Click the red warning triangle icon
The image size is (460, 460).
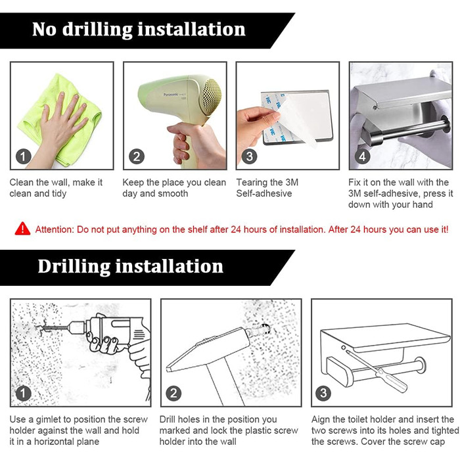coord(22,229)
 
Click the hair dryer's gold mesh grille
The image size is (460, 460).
coord(211,97)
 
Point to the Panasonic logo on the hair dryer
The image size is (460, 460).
coord(170,95)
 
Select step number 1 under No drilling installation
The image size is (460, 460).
coord(24,156)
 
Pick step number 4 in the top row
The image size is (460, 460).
coord(362,156)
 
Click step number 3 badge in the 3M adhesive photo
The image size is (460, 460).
coord(249,156)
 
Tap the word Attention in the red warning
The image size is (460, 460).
coord(55,229)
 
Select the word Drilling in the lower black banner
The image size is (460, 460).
coord(74,267)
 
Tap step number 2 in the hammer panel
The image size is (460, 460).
coord(173,393)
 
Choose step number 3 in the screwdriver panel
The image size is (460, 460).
coord(323,393)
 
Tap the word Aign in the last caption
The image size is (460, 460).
coord(321,419)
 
